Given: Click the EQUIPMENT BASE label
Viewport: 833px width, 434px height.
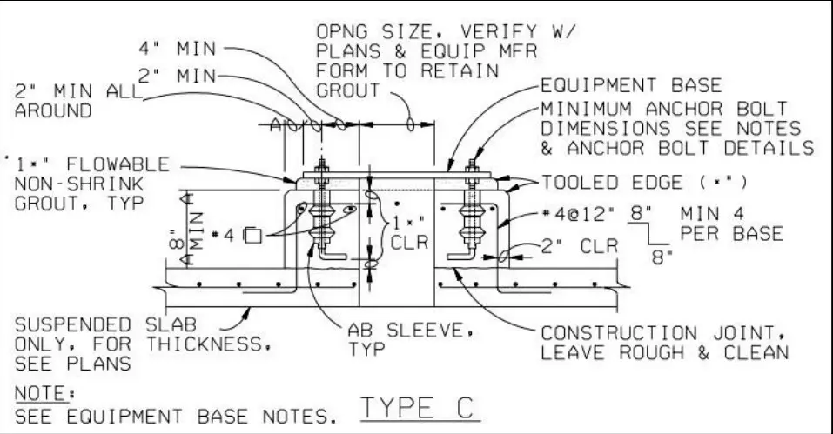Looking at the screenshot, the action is coord(631,85).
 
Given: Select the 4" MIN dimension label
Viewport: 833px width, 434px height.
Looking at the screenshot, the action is coord(178,49).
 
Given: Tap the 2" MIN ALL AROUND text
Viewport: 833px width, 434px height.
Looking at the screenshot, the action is coord(78,101).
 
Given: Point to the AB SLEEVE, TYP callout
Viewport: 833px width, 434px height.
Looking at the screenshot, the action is coord(410,339).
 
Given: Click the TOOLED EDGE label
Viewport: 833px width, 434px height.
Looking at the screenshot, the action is coord(644,183).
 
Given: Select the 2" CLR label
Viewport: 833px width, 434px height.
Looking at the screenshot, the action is coord(580,245).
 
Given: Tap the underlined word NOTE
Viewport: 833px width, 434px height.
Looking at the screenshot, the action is coord(41,394).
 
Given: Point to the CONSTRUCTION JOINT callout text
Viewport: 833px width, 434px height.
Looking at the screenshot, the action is coord(664,343).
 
